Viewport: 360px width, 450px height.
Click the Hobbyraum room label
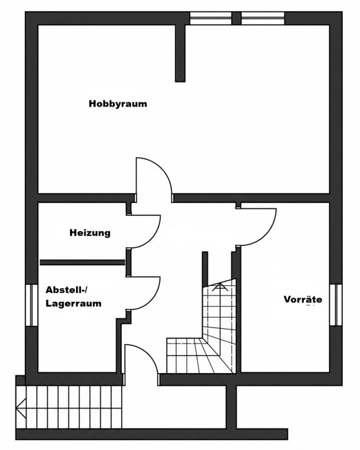tap(118, 104)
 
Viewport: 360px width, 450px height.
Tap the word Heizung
tap(90, 233)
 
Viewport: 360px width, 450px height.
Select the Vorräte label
tap(303, 299)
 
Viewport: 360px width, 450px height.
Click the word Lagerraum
tap(73, 304)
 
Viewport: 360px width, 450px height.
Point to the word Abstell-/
tap(66, 290)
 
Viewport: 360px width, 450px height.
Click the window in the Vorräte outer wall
tap(336, 305)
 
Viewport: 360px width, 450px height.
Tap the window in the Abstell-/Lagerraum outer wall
tap(32, 305)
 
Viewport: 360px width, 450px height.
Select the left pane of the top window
tap(210, 18)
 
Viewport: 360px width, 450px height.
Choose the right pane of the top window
tap(262, 18)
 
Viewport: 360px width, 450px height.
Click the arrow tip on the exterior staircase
tap(17, 406)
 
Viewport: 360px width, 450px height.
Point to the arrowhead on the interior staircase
tap(219, 285)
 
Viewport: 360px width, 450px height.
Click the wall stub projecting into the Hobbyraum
tap(180, 53)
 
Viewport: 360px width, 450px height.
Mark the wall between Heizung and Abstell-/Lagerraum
tap(82, 262)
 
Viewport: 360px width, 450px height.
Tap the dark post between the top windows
tap(236, 18)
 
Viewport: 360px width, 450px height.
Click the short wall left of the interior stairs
tap(205, 269)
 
